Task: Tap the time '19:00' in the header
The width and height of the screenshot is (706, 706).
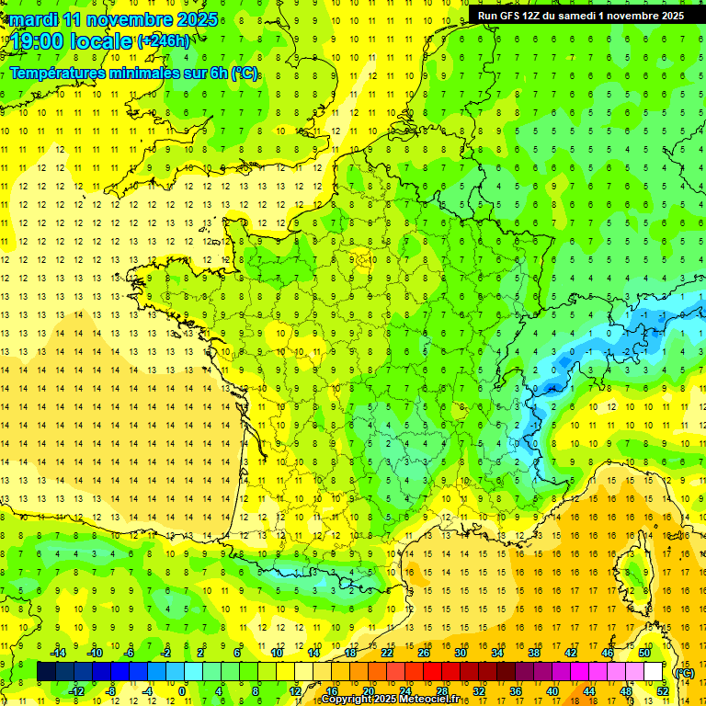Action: click(x=40, y=41)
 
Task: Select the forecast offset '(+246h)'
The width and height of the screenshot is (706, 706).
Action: click(x=164, y=41)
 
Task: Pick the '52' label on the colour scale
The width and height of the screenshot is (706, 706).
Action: click(x=662, y=691)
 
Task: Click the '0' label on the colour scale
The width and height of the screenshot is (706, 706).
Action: click(x=182, y=691)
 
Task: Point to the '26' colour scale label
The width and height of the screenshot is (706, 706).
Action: click(x=424, y=652)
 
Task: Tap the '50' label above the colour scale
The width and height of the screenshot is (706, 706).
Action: click(x=644, y=652)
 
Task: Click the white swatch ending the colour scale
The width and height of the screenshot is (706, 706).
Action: click(x=653, y=672)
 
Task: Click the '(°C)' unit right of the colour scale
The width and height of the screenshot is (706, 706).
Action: click(x=684, y=672)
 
